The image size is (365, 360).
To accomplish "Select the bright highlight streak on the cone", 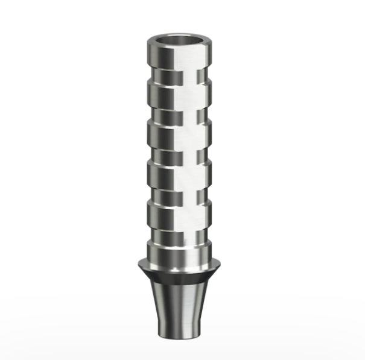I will pyautogui.click(x=192, y=305).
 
